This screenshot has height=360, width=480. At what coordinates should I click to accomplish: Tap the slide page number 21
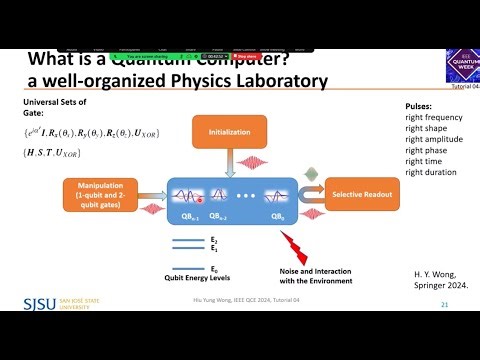point(443,304)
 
